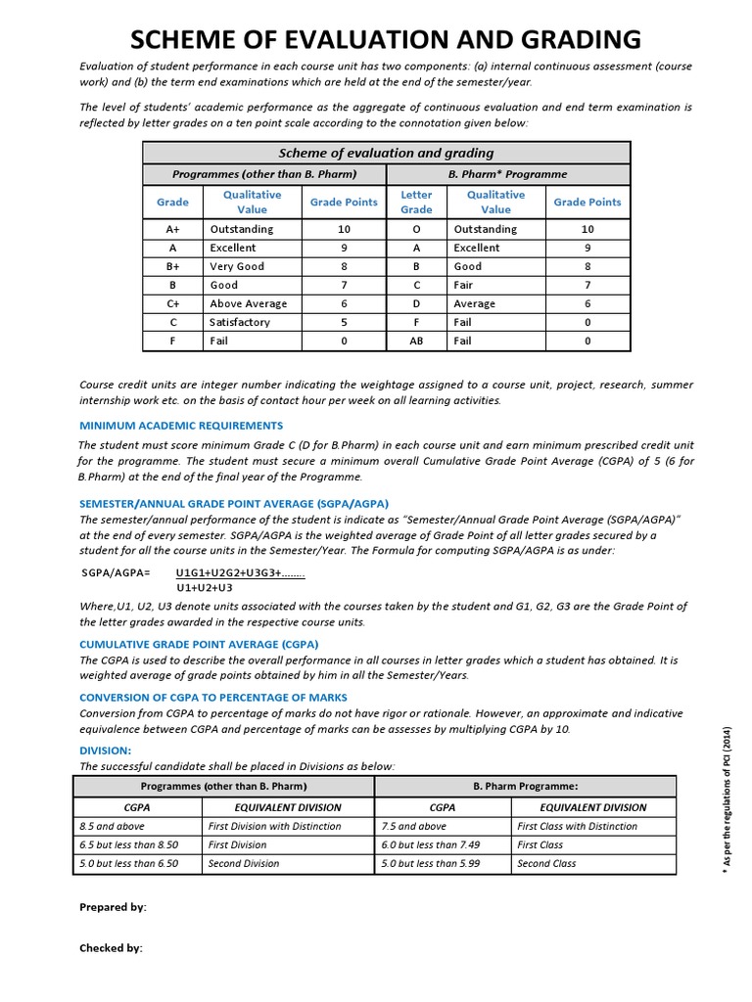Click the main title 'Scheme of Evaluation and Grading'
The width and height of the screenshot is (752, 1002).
tap(386, 39)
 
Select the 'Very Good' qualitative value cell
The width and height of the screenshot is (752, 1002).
tap(236, 266)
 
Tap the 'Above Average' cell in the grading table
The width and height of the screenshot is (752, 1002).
tap(248, 303)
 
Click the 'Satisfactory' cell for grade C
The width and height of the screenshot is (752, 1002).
tap(239, 322)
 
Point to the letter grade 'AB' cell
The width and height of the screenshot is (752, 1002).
tap(416, 341)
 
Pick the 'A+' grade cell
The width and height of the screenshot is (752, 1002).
tap(172, 229)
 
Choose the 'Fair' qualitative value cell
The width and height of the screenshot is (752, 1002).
tap(463, 285)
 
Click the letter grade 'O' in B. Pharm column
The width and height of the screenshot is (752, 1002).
tap(416, 229)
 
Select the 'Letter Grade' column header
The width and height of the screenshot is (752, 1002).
tap(416, 202)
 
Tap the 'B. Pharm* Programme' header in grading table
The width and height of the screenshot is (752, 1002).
tap(508, 174)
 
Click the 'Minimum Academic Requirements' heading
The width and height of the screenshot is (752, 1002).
tap(181, 426)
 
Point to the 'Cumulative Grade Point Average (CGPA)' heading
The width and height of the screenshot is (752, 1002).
tap(199, 645)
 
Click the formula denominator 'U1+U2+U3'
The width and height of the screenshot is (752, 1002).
tap(205, 588)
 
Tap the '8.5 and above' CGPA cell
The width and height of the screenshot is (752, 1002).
tap(112, 826)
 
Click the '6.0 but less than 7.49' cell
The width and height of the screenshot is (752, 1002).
tap(431, 844)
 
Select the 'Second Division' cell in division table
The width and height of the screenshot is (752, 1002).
tap(244, 863)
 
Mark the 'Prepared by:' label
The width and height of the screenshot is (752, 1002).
tap(113, 907)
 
